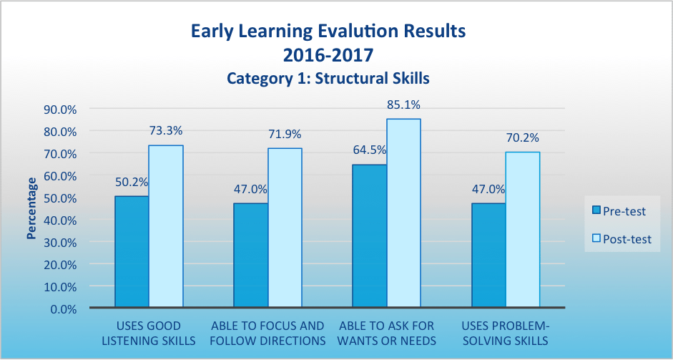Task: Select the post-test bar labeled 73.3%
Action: pos(166,226)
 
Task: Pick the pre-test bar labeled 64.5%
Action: pos(369,236)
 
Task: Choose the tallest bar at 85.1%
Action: pos(403,213)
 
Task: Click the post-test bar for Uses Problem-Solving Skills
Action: pos(522,230)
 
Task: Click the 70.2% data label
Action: pos(523,137)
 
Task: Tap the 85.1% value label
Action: pos(404,104)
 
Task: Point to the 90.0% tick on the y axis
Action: pos(61,110)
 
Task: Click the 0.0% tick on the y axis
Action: pos(64,308)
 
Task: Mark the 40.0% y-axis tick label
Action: pos(61,220)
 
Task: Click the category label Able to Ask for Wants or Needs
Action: pos(387,333)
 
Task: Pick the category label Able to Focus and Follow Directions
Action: pos(267,333)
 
